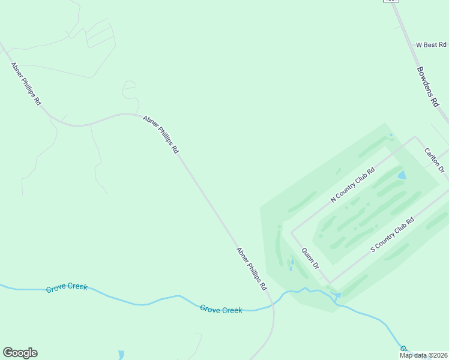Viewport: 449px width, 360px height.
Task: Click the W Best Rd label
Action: point(431,45)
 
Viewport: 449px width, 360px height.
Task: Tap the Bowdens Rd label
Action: point(428,86)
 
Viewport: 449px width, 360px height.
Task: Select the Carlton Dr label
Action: point(433,160)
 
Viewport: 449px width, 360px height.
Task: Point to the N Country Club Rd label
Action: point(352,184)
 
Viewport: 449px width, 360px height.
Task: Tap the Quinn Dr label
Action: point(310,257)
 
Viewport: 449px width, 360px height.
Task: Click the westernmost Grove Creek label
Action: point(67,288)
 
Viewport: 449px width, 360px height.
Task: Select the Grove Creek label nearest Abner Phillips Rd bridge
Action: point(221,310)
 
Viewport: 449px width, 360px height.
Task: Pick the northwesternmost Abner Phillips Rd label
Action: point(26,83)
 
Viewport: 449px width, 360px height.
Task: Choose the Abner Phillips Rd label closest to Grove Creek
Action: point(252,269)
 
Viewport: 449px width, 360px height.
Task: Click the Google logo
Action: point(20,353)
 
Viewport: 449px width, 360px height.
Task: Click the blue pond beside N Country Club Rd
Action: point(402,175)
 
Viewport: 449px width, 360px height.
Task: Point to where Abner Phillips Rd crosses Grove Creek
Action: point(273,305)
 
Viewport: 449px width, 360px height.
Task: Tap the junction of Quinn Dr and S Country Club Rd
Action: point(329,283)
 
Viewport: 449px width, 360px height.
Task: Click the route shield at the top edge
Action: point(391,1)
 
